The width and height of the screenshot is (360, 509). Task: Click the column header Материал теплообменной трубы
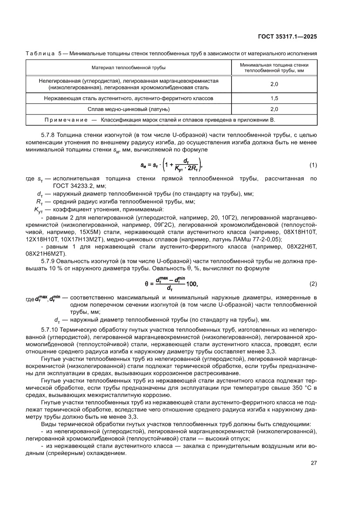click(128, 67)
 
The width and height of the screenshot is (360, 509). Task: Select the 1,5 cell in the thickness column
click(274, 98)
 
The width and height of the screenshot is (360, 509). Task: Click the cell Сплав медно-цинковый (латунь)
click(128, 109)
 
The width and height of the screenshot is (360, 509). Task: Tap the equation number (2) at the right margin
click(313, 284)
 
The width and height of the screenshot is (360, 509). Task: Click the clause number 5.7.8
click(49, 135)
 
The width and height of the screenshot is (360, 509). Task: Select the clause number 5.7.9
click(49, 261)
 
